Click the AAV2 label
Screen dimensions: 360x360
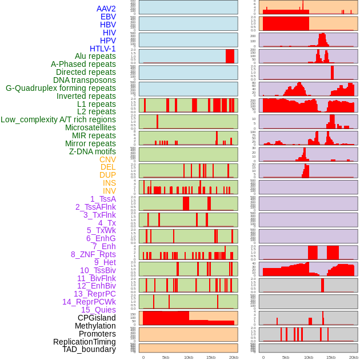(x=106, y=9)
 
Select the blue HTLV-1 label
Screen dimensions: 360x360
(x=103, y=49)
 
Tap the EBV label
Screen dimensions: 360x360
(x=108, y=17)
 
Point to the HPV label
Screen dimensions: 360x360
(x=108, y=41)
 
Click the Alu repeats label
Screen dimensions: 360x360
(x=95, y=56)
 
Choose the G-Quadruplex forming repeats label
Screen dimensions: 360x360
(x=61, y=88)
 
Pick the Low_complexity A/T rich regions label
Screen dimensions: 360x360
(x=58, y=119)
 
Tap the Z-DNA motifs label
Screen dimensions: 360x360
(x=93, y=151)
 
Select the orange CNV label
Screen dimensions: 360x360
(x=107, y=159)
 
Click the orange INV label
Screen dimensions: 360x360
(x=109, y=191)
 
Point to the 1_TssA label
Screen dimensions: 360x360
(x=103, y=199)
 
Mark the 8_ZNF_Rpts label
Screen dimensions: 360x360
(x=93, y=254)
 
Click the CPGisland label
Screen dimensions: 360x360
(x=97, y=318)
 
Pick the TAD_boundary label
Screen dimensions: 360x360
(x=89, y=349)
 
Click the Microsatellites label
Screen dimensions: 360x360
(x=90, y=127)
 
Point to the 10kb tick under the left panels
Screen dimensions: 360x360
(x=189, y=357)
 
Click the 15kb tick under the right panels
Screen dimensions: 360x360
(x=331, y=357)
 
